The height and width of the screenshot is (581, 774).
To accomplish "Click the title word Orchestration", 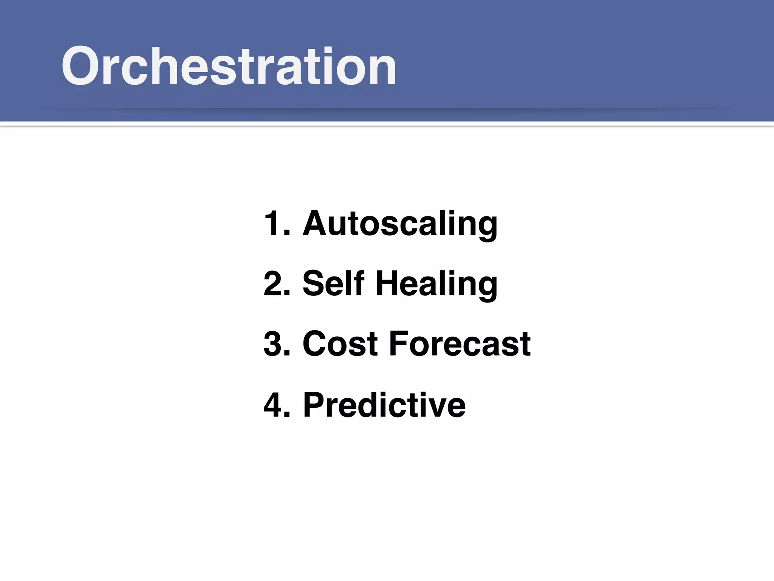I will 229,66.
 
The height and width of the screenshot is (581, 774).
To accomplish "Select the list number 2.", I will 275,284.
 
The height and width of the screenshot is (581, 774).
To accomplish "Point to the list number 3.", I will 275,344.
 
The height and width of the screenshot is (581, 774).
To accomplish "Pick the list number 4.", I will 275,405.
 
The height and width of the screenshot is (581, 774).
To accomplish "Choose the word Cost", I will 340,344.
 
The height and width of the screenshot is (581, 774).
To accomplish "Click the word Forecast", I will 460,344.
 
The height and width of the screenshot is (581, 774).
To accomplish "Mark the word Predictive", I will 384,405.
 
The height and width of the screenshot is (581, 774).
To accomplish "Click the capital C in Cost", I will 317,344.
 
